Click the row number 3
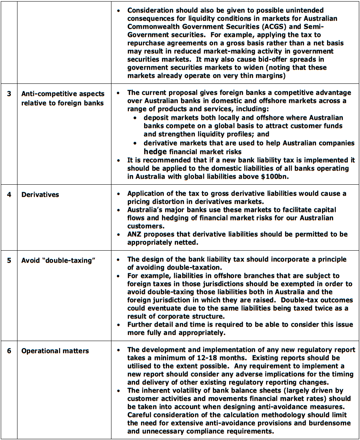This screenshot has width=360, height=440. pyautogui.click(x=9, y=94)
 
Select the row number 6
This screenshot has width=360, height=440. pyautogui.click(x=9, y=351)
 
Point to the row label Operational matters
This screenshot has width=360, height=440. pyautogui.click(x=55, y=351)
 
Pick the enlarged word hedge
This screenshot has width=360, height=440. pyautogui.click(x=155, y=152)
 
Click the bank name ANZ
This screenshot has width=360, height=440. pyautogui.click(x=135, y=234)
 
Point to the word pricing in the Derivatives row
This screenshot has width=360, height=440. pyautogui.click(x=139, y=201)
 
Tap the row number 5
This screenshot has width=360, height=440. pyautogui.click(x=9, y=260)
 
